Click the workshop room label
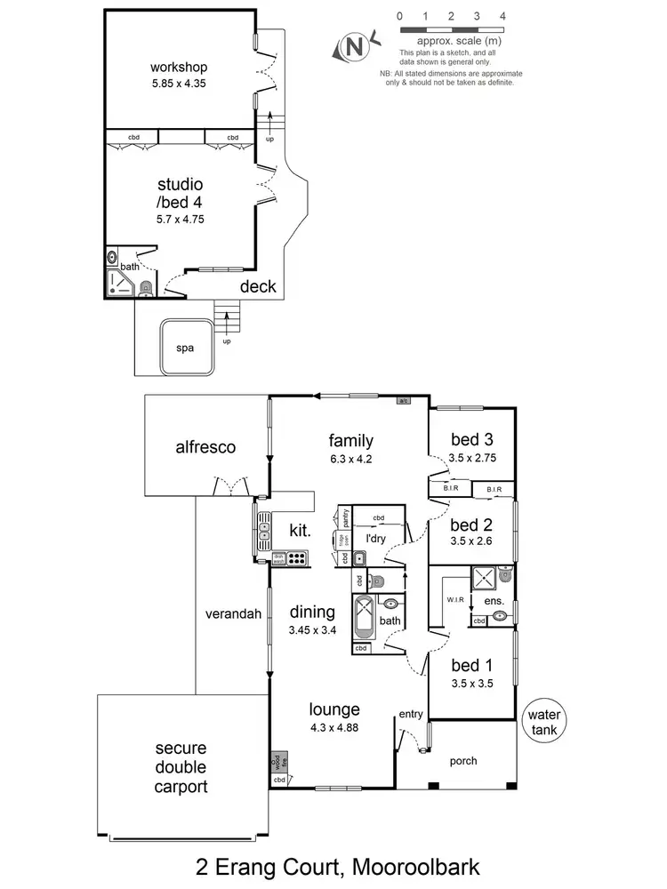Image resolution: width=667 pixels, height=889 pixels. pyautogui.click(x=179, y=67)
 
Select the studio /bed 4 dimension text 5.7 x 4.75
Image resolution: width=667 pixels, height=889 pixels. pyautogui.click(x=181, y=219)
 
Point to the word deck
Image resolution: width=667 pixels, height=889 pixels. pyautogui.click(x=258, y=287)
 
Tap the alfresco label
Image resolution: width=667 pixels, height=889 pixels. pyautogui.click(x=205, y=447)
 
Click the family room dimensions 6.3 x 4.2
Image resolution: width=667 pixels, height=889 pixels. pyautogui.click(x=350, y=460)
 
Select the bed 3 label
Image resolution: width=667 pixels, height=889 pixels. pyautogui.click(x=472, y=439)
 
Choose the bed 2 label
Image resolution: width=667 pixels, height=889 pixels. pyautogui.click(x=472, y=525)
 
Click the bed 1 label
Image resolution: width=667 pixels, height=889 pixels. pyautogui.click(x=472, y=666)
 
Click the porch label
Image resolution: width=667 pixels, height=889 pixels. pyautogui.click(x=463, y=760)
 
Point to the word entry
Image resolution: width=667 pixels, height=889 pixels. pyautogui.click(x=411, y=715)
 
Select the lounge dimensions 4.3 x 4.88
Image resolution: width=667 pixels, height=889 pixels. pyautogui.click(x=334, y=728)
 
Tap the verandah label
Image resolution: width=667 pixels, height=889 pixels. pyautogui.click(x=232, y=613)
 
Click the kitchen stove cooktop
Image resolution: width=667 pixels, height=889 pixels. pyautogui.click(x=299, y=559)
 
